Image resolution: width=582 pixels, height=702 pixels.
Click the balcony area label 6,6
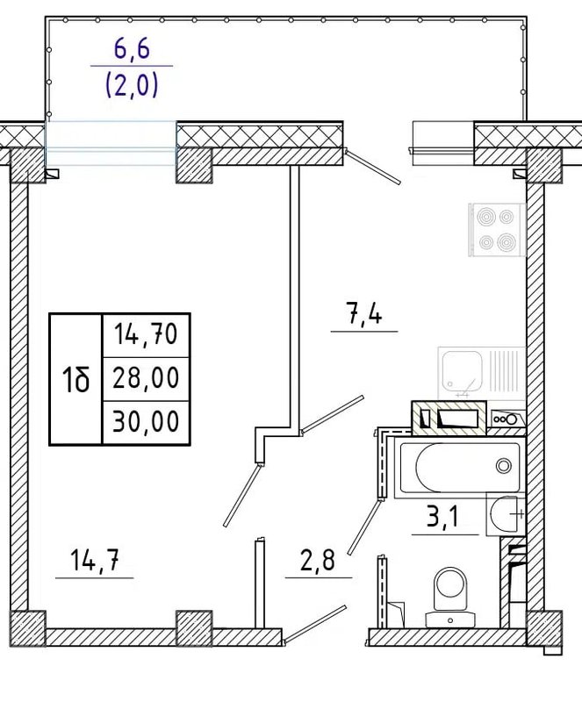tap(132, 49)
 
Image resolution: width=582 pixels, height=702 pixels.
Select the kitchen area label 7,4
tap(363, 312)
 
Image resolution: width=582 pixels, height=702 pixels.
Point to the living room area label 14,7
tap(95, 560)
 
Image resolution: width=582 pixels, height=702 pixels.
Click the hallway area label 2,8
tap(318, 560)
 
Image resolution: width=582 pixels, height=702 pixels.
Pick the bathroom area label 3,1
tap(442, 517)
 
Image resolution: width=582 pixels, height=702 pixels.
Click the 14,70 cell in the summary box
tap(146, 334)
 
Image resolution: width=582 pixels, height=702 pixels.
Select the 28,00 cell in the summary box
tap(146, 377)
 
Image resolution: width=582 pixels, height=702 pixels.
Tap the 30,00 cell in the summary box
tap(146, 421)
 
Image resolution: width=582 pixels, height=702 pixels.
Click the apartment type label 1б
tap(75, 379)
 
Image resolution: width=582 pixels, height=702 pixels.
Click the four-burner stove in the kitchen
tap(497, 230)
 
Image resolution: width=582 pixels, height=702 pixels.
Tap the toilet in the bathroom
tap(449, 597)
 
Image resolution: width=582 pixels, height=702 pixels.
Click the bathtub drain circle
tap(504, 466)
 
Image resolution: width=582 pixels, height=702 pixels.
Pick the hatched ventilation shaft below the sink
tap(449, 418)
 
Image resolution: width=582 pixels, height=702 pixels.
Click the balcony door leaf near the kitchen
tap(373, 168)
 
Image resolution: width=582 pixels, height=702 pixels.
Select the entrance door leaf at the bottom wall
tap(315, 625)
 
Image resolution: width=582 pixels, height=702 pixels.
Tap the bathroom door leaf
tap(364, 526)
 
